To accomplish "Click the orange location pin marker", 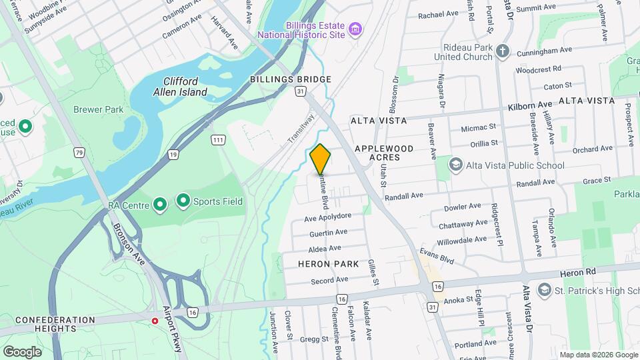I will click(321, 159).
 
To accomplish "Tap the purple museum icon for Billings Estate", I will click(356, 29).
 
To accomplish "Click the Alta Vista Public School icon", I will click(456, 165).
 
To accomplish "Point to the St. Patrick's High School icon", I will click(545, 290).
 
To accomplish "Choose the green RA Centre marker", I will click(159, 204).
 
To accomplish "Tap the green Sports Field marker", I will click(182, 200).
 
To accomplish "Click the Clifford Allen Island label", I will click(185, 86).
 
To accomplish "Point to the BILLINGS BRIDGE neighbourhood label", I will click(291, 79).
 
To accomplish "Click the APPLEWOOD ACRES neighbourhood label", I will click(384, 153).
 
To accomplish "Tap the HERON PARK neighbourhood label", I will click(330, 264).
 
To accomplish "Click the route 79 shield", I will click(80, 153).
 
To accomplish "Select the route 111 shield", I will click(217, 139).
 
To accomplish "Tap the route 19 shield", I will click(173, 154).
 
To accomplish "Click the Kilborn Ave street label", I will click(531, 105).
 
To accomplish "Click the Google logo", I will click(22, 351).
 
